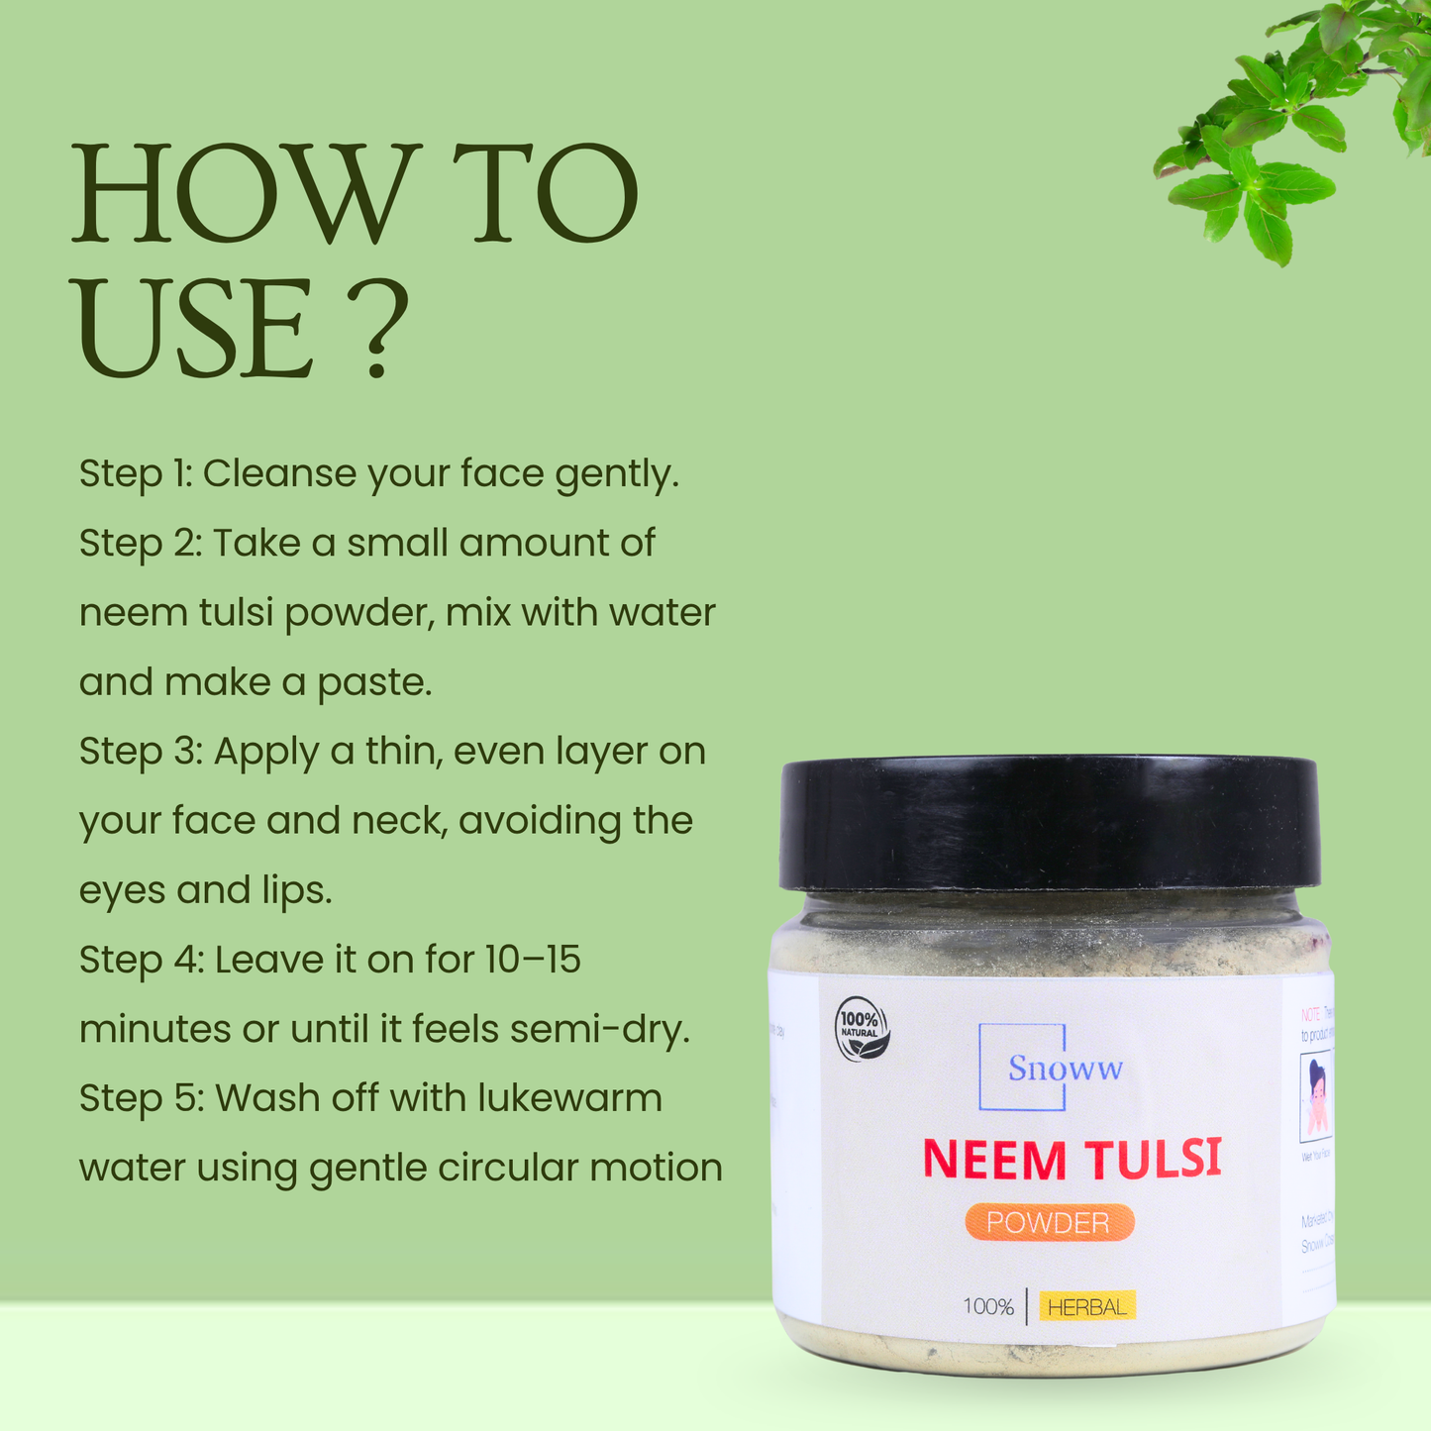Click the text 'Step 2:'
[x=140, y=545]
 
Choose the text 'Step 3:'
[x=141, y=753]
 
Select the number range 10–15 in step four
[x=533, y=960]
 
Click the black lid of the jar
[x=1050, y=823]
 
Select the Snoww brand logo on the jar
[x=1051, y=1068]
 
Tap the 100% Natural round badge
[x=862, y=1031]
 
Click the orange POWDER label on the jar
[x=1049, y=1223]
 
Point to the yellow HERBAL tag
[x=1086, y=1307]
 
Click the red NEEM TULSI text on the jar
[x=1072, y=1159]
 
